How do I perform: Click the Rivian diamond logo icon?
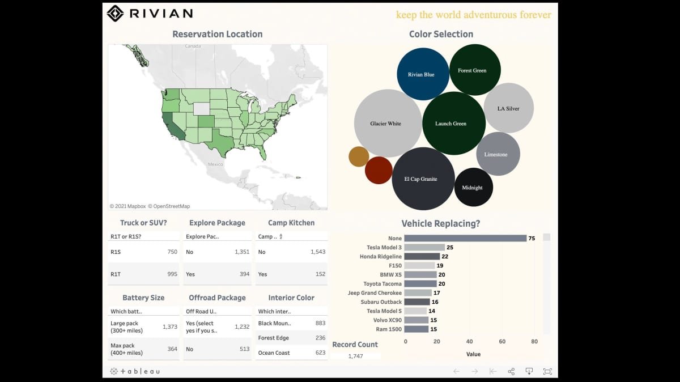click(115, 14)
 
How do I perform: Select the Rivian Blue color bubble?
click(423, 74)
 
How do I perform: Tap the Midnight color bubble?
click(474, 187)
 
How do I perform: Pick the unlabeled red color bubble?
click(379, 170)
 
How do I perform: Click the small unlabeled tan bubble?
click(359, 156)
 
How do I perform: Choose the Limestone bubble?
click(498, 154)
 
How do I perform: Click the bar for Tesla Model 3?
click(424, 247)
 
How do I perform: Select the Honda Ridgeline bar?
click(422, 256)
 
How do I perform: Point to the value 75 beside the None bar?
click(532, 239)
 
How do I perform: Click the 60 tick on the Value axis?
click(502, 341)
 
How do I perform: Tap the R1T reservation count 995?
click(172, 274)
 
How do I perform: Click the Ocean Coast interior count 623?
click(320, 353)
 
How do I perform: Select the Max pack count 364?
click(172, 349)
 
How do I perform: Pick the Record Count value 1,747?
click(355, 356)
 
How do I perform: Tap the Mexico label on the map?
click(215, 164)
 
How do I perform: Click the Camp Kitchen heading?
click(291, 223)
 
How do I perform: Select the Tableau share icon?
click(511, 371)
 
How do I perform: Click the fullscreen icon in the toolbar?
click(547, 371)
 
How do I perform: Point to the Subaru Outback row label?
click(381, 302)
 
